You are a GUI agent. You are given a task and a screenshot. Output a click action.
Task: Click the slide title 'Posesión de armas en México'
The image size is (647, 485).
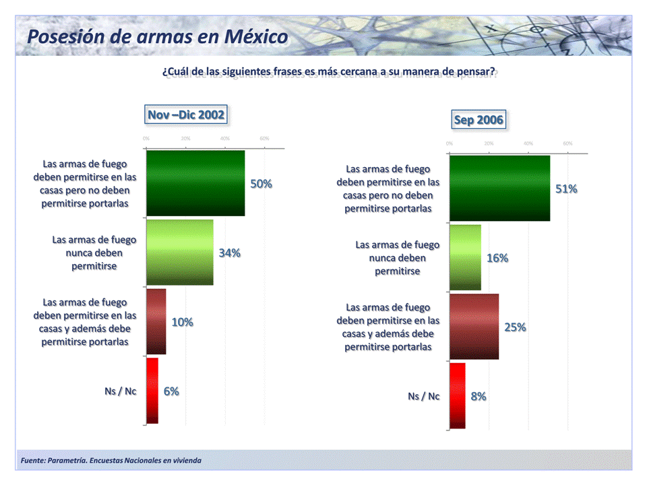157,36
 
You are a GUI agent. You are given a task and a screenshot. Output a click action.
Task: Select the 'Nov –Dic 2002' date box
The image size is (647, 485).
185,115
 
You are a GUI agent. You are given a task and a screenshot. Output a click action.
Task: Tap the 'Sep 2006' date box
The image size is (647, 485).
479,120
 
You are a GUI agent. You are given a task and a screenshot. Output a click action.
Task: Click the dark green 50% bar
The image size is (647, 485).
195,183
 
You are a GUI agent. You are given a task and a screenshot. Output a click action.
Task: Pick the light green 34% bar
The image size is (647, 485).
180,253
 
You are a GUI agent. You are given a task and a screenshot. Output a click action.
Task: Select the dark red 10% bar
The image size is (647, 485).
156,322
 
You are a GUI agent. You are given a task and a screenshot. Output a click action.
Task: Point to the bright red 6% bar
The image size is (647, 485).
152,391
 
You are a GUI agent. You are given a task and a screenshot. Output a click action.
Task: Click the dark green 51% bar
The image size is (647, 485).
499,188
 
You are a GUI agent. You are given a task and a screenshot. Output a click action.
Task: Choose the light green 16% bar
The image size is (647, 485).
465,257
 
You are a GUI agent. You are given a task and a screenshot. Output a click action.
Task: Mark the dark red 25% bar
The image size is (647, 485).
474,327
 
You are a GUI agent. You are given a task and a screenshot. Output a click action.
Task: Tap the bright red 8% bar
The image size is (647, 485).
457,395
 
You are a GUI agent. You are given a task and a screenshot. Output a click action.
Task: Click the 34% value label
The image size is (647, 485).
230,253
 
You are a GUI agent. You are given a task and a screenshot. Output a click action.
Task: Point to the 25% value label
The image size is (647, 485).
516,327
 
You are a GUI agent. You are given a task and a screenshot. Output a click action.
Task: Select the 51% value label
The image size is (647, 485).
566,189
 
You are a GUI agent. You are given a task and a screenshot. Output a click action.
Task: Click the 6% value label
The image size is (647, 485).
171,391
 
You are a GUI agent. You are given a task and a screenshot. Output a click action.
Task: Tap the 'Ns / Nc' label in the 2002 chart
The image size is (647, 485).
120,391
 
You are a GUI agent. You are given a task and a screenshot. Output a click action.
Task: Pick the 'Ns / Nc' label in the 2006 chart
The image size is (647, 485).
423,396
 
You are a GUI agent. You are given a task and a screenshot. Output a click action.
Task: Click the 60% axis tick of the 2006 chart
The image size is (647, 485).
567,143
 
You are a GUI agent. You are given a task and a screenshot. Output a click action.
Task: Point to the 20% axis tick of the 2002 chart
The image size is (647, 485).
185,138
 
